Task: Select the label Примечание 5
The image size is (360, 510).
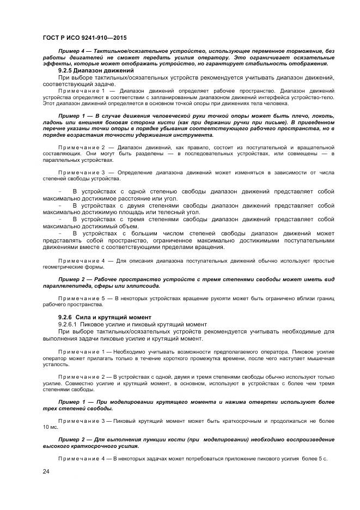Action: [x=82, y=298]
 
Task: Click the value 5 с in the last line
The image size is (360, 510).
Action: [x=321, y=458]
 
